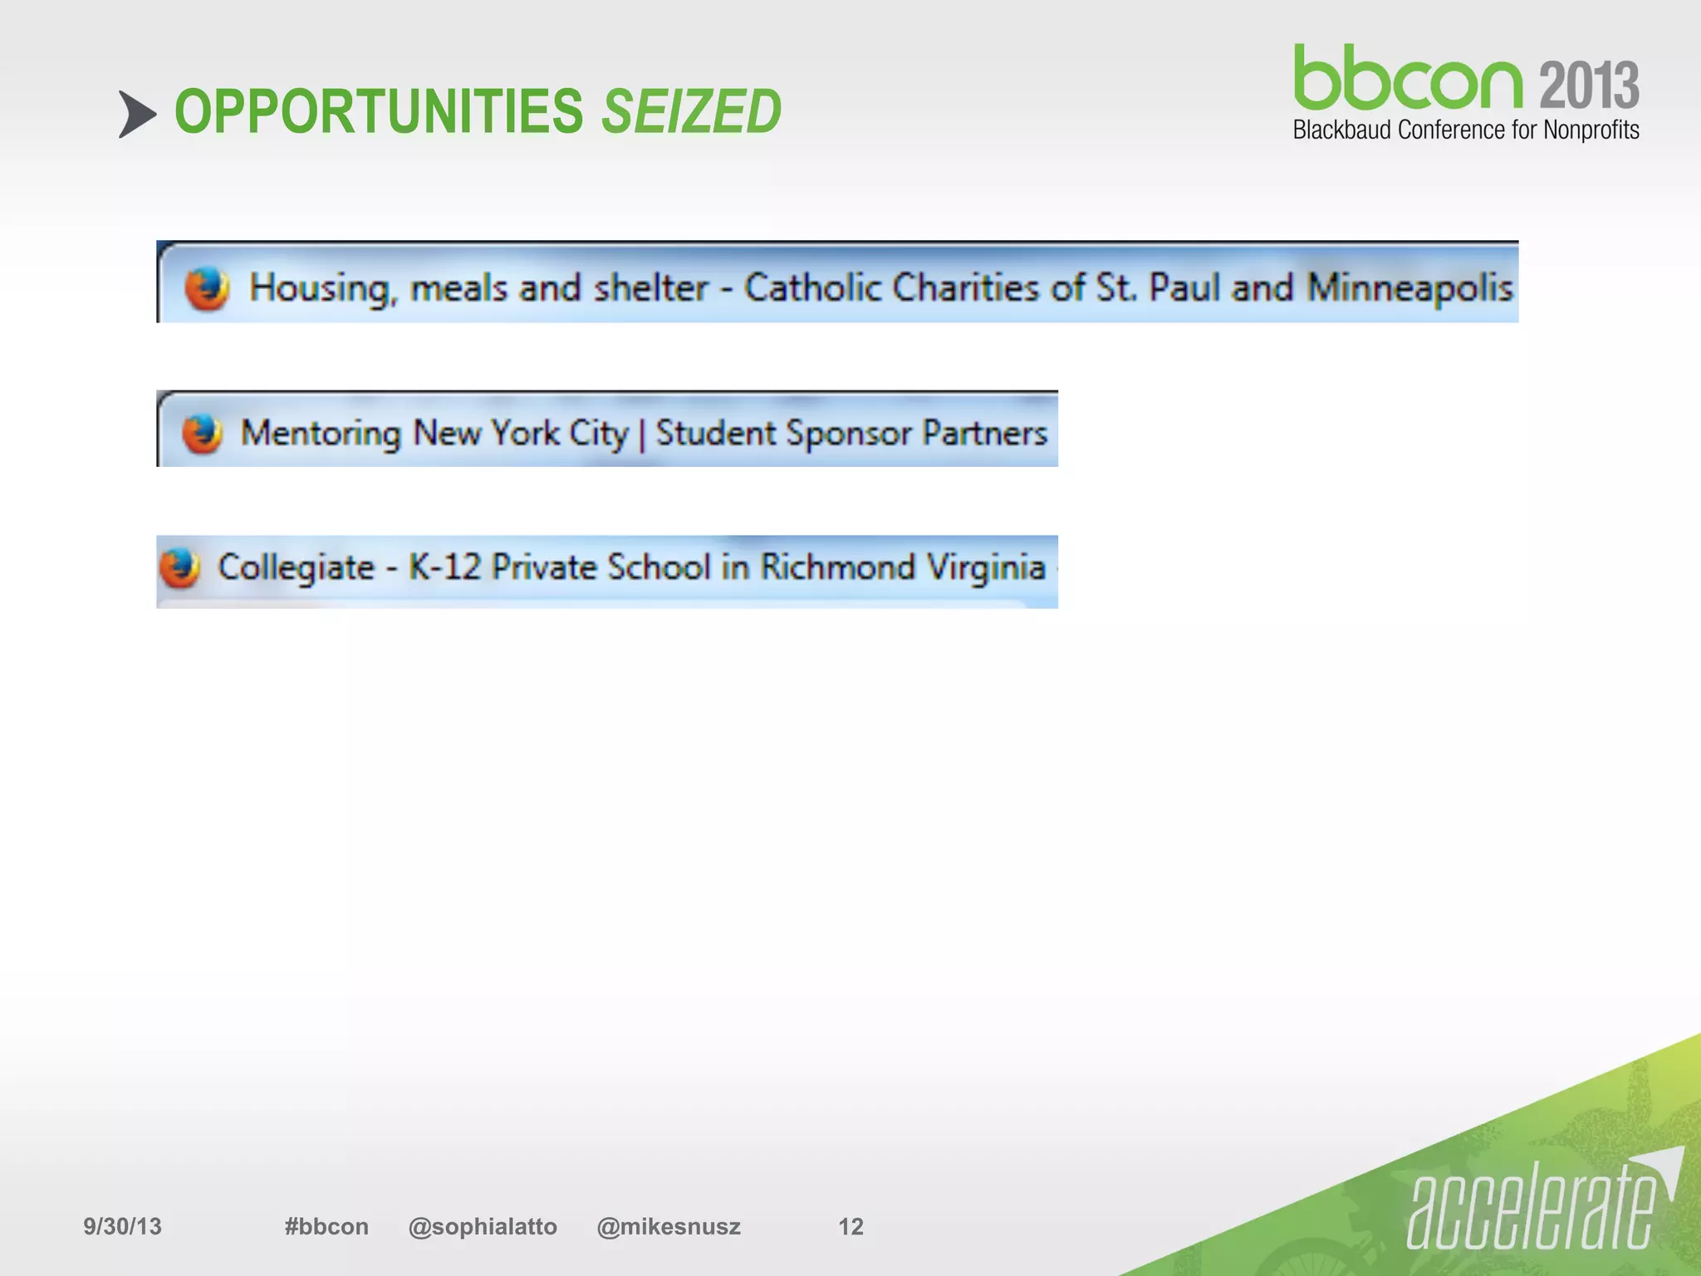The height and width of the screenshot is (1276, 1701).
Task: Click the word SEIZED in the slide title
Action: click(691, 111)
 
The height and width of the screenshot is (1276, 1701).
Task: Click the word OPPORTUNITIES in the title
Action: click(379, 111)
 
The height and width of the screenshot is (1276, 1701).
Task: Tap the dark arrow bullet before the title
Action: click(136, 114)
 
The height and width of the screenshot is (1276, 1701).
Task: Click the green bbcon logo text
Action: click(1407, 79)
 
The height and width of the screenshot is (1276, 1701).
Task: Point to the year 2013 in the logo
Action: click(1589, 85)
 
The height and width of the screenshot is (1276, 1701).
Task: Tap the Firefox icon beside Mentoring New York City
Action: click(202, 434)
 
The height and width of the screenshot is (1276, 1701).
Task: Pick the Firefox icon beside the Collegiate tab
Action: click(180, 568)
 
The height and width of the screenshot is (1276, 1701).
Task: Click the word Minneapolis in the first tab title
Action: click(1410, 288)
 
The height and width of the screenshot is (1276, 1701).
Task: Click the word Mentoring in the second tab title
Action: click(321, 434)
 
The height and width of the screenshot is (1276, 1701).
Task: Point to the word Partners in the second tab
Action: click(985, 434)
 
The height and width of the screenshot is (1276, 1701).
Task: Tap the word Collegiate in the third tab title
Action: click(296, 568)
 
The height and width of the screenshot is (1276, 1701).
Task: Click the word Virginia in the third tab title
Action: click(986, 568)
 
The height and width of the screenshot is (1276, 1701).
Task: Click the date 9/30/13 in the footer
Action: click(122, 1226)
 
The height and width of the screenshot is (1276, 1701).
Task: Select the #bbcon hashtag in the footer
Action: click(326, 1226)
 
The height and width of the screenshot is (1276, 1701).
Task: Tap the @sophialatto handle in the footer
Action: click(483, 1226)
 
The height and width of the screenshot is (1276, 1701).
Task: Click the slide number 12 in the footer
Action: click(850, 1226)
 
